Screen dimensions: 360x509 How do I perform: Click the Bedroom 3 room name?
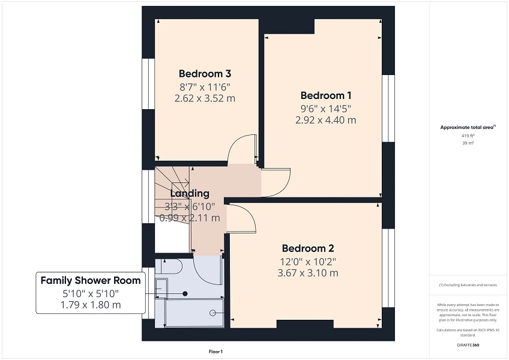click(x=205, y=74)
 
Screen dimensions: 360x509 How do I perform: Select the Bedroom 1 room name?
click(x=325, y=95)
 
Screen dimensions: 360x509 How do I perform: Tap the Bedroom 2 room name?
click(x=308, y=248)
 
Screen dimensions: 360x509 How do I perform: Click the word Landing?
click(x=190, y=193)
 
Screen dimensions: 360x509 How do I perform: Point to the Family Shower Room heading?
click(x=91, y=280)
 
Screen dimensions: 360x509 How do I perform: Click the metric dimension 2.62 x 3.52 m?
click(x=205, y=98)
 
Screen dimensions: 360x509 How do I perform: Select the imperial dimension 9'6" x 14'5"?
click(x=325, y=109)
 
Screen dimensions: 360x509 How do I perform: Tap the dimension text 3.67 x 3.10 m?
click(x=308, y=273)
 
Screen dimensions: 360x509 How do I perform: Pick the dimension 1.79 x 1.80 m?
click(x=91, y=305)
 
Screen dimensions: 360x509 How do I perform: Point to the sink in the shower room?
click(x=161, y=288)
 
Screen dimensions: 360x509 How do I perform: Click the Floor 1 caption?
click(x=215, y=352)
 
